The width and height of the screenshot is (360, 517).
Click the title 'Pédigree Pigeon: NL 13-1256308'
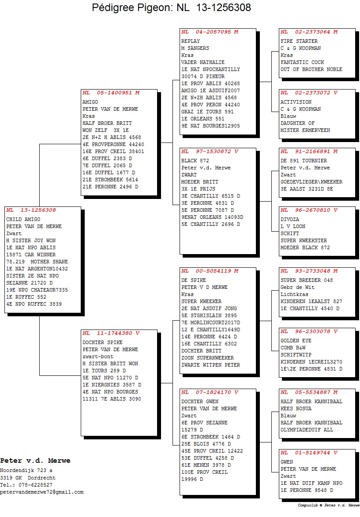click(172, 7)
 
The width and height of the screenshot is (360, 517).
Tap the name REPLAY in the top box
click(191, 41)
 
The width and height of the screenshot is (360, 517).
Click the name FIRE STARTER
click(299, 41)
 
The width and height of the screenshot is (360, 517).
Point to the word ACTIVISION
click(296, 102)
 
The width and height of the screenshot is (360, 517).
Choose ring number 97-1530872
click(213, 152)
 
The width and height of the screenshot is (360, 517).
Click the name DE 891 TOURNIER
click(304, 161)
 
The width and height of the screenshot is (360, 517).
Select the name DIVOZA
click(290, 220)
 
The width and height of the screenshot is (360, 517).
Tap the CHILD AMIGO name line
click(23, 220)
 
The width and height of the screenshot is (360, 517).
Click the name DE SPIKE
click(194, 280)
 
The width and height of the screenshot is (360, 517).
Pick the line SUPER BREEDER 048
click(307, 280)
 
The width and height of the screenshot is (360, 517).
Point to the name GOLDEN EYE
click(296, 341)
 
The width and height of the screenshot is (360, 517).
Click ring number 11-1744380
click(114, 333)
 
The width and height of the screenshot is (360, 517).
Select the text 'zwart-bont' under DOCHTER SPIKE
click(98, 357)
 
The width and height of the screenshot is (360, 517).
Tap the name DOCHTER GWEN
click(200, 401)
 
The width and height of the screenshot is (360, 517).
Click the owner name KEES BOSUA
click(296, 409)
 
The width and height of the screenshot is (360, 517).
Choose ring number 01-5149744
click(312, 453)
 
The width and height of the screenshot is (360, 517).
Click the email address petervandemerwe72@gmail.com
click(42, 492)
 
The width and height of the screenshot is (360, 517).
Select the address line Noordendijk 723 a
click(26, 471)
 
